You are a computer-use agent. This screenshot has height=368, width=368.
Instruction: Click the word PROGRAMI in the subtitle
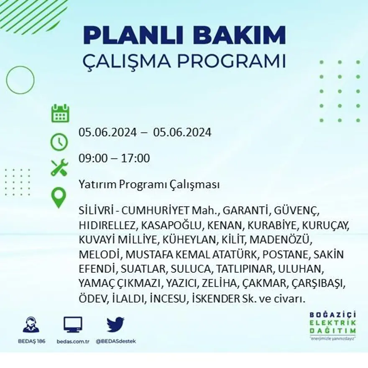coord(231,61)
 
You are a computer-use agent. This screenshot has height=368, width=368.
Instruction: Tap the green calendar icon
coord(60,113)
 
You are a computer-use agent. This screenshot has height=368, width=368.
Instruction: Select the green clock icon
coord(59,142)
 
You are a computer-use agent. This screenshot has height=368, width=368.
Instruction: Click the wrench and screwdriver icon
coord(59,167)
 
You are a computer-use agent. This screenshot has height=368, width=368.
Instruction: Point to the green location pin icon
coord(59,197)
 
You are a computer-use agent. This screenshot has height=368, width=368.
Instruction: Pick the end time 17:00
coord(135,158)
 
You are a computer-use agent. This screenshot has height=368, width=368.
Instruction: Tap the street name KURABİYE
coord(272,225)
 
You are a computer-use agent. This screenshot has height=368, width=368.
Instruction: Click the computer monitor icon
coord(73,325)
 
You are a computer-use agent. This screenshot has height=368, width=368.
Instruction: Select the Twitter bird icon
coord(115,325)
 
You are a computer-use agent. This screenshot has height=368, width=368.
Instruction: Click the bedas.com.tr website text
coord(73,341)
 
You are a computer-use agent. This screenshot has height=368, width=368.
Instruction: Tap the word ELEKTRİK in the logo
coord(333,322)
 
